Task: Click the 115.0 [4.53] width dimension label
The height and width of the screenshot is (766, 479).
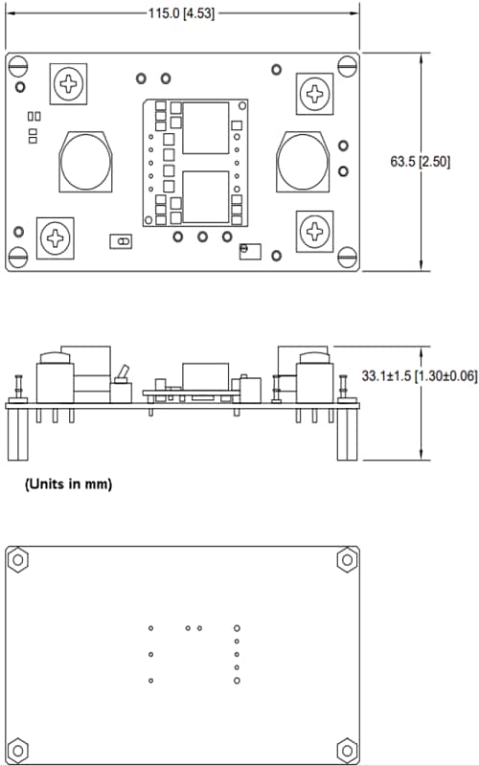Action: click(182, 14)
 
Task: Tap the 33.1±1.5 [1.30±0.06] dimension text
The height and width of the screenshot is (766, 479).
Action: click(419, 376)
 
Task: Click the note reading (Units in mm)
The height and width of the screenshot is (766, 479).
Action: click(68, 484)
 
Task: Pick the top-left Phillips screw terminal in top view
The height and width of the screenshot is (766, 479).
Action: click(69, 83)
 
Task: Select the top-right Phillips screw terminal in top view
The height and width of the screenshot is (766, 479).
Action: click(314, 93)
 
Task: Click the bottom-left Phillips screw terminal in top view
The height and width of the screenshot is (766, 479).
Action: click(56, 237)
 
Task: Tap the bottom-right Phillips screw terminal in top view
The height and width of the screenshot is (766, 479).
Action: click(314, 231)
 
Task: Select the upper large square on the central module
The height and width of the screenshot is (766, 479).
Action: click(205, 127)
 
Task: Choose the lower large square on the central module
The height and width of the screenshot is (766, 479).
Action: click(205, 196)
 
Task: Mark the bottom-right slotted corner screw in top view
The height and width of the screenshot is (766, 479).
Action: click(348, 256)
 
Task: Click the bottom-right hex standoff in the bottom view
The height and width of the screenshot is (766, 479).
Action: click(347, 750)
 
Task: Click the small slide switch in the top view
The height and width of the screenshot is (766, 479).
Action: click(122, 242)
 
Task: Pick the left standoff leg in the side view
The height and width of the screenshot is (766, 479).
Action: click(19, 436)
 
